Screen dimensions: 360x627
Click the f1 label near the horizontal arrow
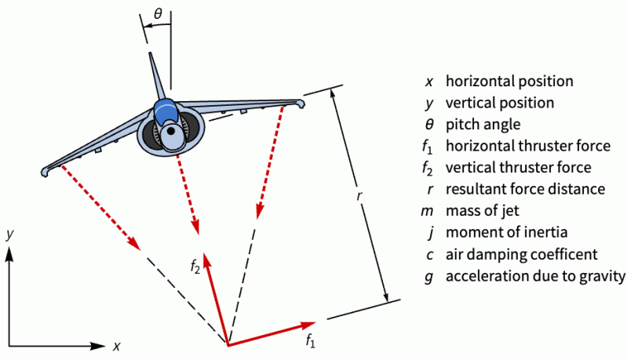[311, 341]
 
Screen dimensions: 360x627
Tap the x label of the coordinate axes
[116, 346]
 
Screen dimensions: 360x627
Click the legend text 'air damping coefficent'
[522, 254]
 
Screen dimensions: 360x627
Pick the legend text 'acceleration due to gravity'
[535, 276]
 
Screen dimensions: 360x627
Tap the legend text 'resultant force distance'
[525, 189]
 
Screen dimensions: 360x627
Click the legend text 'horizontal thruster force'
[528, 145]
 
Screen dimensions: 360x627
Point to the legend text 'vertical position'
[499, 102]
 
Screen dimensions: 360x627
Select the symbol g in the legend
[428, 277]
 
